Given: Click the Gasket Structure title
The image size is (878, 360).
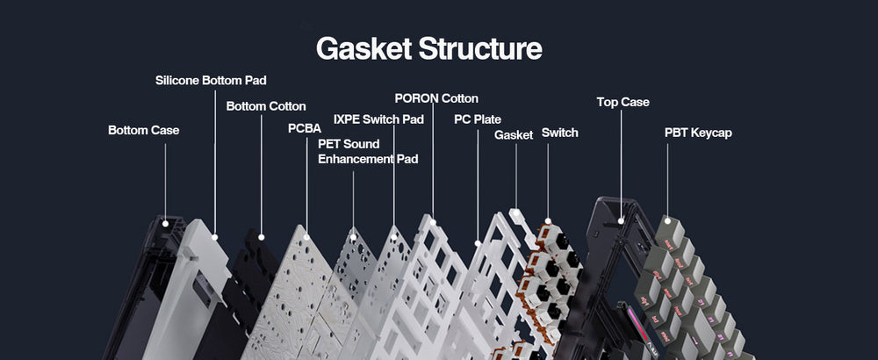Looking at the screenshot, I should click(x=428, y=48).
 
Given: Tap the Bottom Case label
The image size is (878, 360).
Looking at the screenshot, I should click(x=143, y=130).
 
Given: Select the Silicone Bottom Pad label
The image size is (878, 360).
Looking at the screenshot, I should click(x=211, y=80).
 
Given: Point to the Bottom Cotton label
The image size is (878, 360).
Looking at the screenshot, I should click(x=266, y=106).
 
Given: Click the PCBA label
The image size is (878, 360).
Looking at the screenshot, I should click(x=306, y=128).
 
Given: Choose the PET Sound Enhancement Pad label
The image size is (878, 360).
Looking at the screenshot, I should click(x=368, y=151).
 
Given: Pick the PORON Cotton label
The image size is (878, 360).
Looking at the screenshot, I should click(x=436, y=98).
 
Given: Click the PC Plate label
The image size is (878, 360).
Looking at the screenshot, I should click(x=478, y=119).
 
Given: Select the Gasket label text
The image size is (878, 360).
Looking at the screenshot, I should click(x=514, y=135).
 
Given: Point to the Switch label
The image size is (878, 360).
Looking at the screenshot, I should click(x=559, y=133).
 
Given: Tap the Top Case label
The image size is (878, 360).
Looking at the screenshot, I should click(x=623, y=102).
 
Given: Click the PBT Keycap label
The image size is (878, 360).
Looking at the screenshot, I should click(x=698, y=133).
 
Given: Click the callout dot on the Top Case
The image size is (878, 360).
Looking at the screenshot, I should click(x=622, y=220).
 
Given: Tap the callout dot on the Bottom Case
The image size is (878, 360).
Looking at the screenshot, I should click(x=165, y=223).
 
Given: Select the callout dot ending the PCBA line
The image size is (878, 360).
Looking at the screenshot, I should click(x=306, y=237).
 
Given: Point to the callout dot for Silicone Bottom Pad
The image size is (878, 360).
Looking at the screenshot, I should click(x=215, y=236).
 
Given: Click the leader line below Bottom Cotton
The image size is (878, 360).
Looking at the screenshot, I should click(x=262, y=176).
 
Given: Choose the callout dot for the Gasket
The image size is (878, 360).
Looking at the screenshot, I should click(x=516, y=212).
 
